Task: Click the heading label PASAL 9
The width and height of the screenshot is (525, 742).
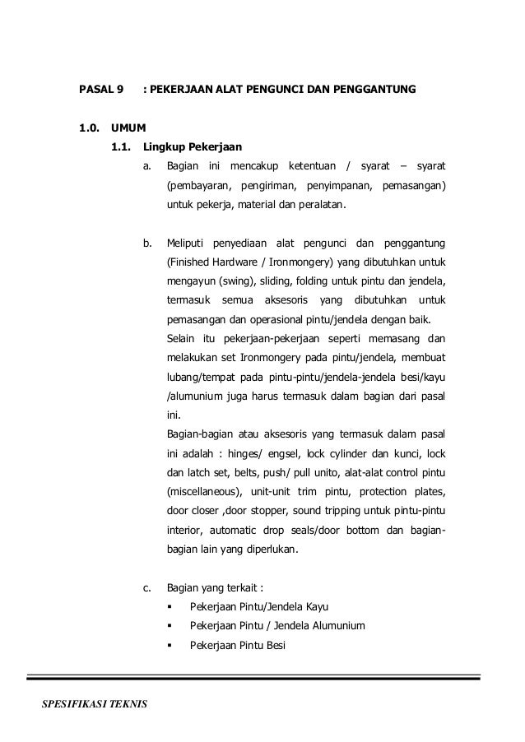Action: [x=100, y=87]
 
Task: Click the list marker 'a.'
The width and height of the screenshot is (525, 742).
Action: [x=147, y=168]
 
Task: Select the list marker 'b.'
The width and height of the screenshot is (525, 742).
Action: [x=147, y=243]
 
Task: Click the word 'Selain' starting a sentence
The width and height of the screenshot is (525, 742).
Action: [x=182, y=338]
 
